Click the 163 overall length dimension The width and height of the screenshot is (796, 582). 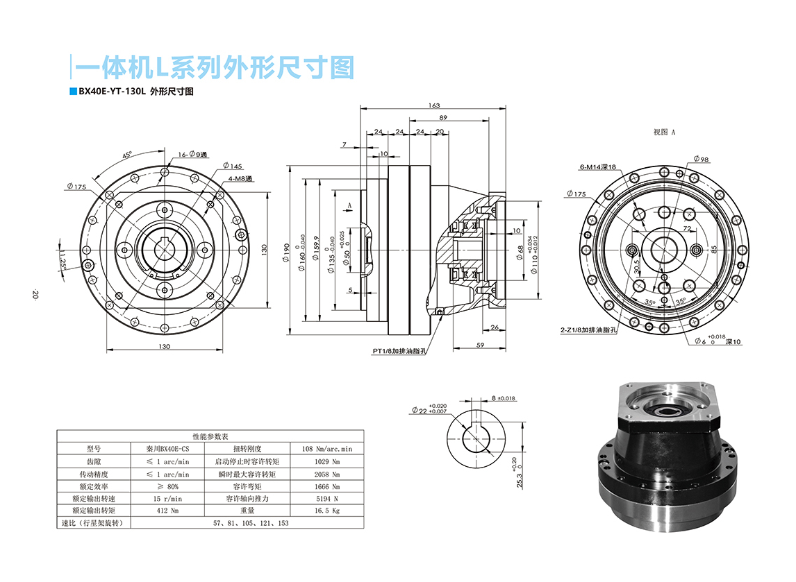click(x=434, y=105)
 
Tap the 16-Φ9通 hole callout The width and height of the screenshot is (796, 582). click(x=192, y=155)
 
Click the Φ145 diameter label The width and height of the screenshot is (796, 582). click(x=233, y=166)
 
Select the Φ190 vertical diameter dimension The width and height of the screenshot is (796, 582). click(x=285, y=251)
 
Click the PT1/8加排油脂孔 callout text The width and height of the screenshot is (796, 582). click(x=399, y=351)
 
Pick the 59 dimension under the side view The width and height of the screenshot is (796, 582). click(x=480, y=345)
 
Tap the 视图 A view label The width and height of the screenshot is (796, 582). click(x=664, y=132)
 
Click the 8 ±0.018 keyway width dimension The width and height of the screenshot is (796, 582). click(x=503, y=398)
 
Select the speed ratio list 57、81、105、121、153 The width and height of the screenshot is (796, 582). click(x=251, y=523)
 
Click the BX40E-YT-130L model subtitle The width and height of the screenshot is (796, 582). click(x=135, y=92)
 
